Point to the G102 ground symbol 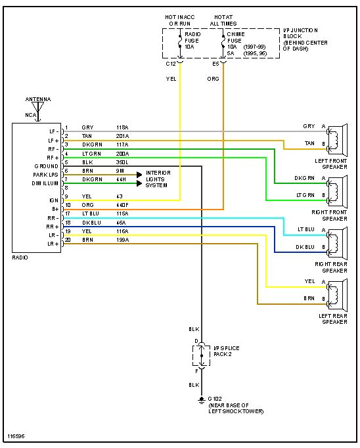coord(202,399)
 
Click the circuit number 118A coord(123,127)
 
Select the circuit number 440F coord(123,204)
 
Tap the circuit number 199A coord(123,240)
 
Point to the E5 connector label coord(215,64)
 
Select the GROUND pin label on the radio coord(47,166)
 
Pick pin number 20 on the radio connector coord(67,240)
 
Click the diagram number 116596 coord(16,436)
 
